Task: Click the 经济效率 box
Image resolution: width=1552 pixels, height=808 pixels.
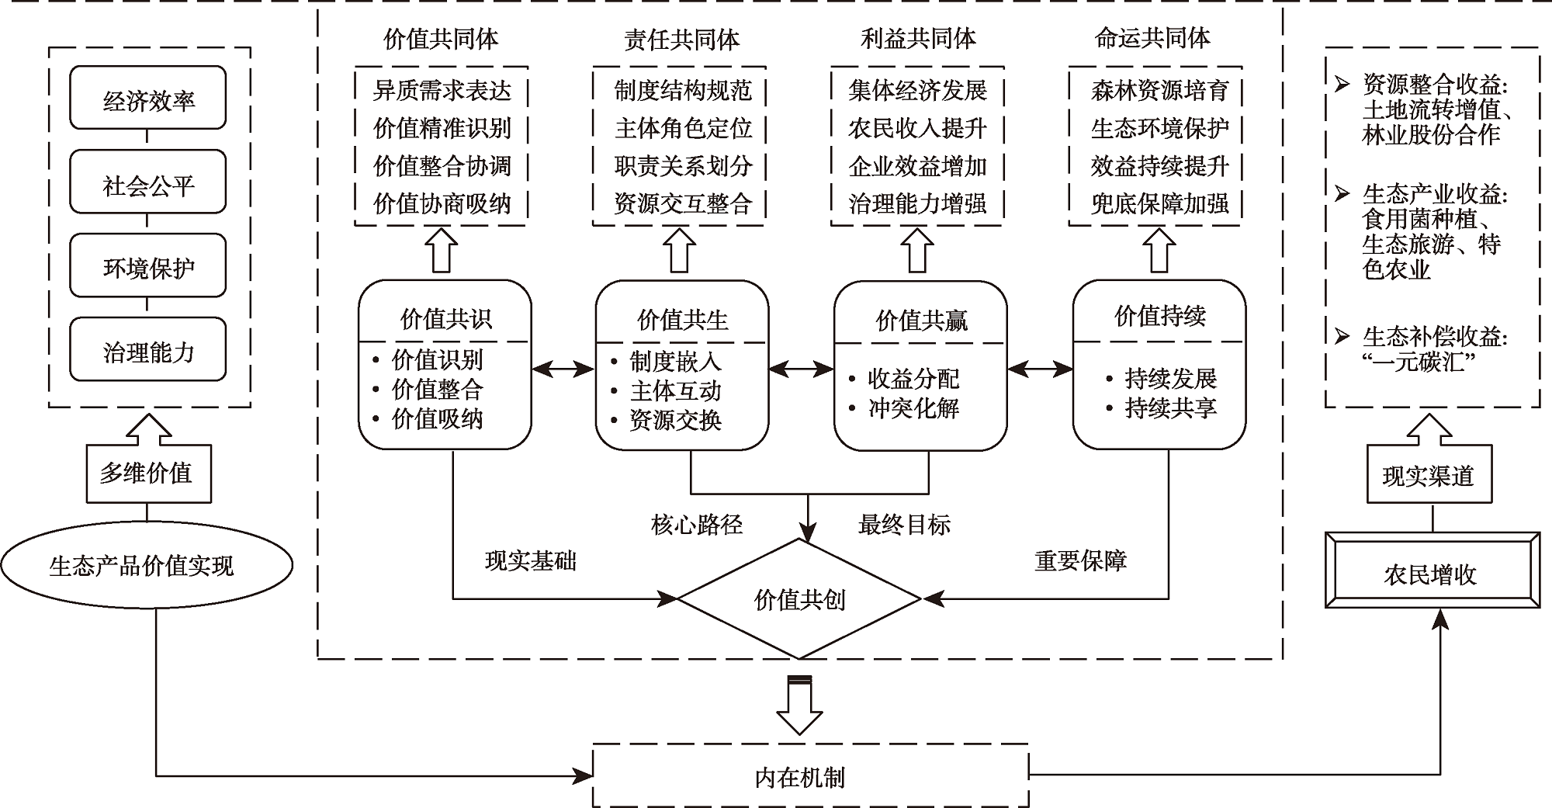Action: pos(147,99)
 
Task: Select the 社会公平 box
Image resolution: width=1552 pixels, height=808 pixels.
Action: pos(147,183)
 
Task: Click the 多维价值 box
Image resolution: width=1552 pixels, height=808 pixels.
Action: pos(147,473)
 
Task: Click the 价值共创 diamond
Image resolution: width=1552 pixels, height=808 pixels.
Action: pos(799,599)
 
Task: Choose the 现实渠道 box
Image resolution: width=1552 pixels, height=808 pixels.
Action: pos(1429,474)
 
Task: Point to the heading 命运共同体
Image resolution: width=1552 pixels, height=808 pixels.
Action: pos(1152,38)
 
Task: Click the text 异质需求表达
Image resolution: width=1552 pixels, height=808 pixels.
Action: pos(442,91)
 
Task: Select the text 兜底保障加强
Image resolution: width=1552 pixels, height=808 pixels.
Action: pos(1159,204)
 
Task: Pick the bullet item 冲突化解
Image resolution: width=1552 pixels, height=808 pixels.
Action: pos(913,408)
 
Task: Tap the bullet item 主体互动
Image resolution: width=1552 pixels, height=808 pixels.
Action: pos(675,390)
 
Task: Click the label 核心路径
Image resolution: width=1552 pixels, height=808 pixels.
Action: pos(697,525)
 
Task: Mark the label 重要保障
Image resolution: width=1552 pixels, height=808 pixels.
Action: pos(1080,560)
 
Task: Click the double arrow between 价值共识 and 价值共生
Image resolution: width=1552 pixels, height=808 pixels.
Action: pos(563,369)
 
